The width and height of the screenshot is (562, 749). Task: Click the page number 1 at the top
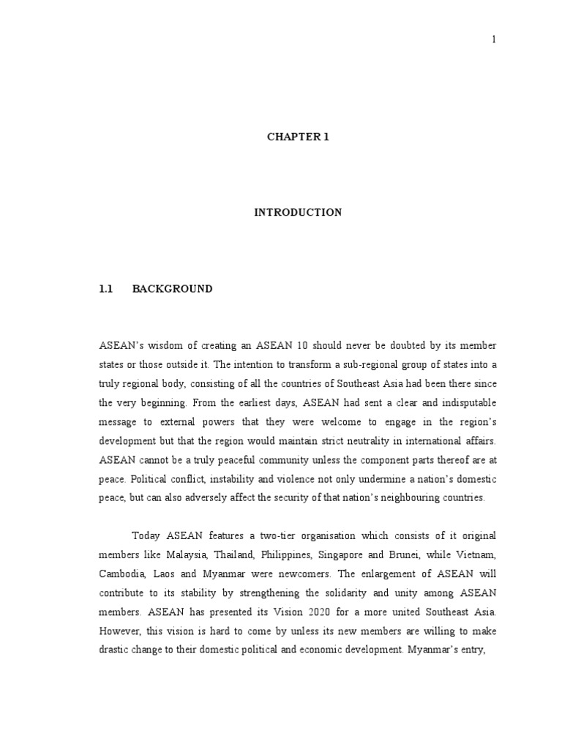point(494,39)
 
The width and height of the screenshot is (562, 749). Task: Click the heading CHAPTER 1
point(298,137)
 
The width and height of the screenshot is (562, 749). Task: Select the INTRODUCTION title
point(298,213)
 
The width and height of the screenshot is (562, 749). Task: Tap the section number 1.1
point(106,289)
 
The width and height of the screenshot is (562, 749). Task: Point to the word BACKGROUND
point(173,289)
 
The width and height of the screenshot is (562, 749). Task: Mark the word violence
point(316,478)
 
